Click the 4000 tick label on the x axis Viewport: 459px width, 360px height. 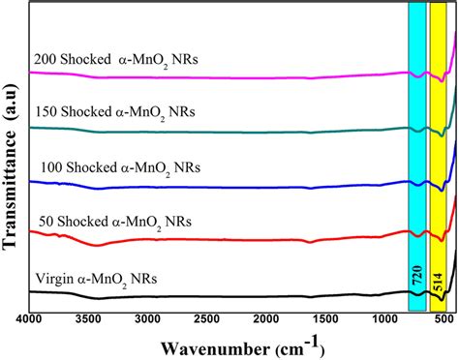[29, 319]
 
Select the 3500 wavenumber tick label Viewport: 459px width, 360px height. [88, 319]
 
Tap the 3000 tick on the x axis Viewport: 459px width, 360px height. [147, 319]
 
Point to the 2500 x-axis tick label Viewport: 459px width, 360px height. [206, 319]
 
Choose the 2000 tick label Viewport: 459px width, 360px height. [265, 319]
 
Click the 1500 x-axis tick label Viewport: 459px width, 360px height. [324, 319]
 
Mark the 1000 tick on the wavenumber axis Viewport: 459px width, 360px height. [384, 319]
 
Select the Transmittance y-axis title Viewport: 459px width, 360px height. [9, 167]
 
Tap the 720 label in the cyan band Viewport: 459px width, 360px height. [416, 275]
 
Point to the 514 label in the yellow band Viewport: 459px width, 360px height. [438, 282]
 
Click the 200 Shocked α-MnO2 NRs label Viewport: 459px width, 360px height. [116, 60]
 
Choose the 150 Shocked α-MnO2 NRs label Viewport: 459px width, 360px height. [115, 113]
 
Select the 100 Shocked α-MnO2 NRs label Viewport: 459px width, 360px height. [120, 168]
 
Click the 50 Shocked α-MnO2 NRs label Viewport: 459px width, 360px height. [115, 223]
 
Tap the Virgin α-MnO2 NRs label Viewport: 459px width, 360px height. [96, 279]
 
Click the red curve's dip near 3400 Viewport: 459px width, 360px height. [97, 246]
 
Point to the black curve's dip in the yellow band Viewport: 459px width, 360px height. [442, 300]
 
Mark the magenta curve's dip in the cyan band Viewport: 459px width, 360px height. [418, 76]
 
